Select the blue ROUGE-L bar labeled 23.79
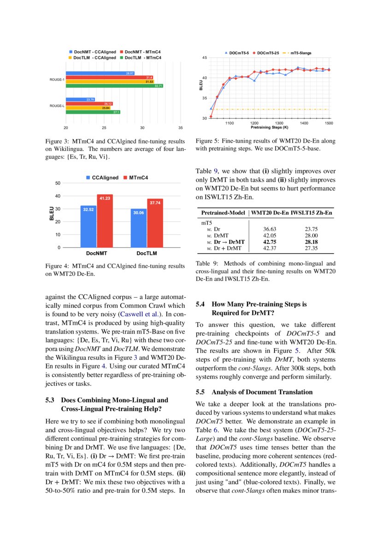pyautogui.click(x=81, y=99)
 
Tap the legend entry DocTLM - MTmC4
pyautogui.click(x=142, y=58)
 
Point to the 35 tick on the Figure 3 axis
pyautogui.click(x=180, y=127)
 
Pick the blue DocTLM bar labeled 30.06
pyautogui.click(x=139, y=227)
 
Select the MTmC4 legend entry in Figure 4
pyautogui.click(x=139, y=177)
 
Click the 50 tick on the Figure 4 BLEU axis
pyautogui.click(x=58, y=183)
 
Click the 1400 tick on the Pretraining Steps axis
pyautogui.click(x=304, y=123)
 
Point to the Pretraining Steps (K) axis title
pyautogui.click(x=270, y=127)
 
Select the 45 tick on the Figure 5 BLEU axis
pyautogui.click(x=204, y=58)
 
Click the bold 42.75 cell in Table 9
pyautogui.click(x=269, y=241)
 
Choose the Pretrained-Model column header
pyautogui.click(x=223, y=214)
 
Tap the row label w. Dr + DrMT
pyautogui.click(x=226, y=248)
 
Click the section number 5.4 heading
pyautogui.click(x=201, y=304)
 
